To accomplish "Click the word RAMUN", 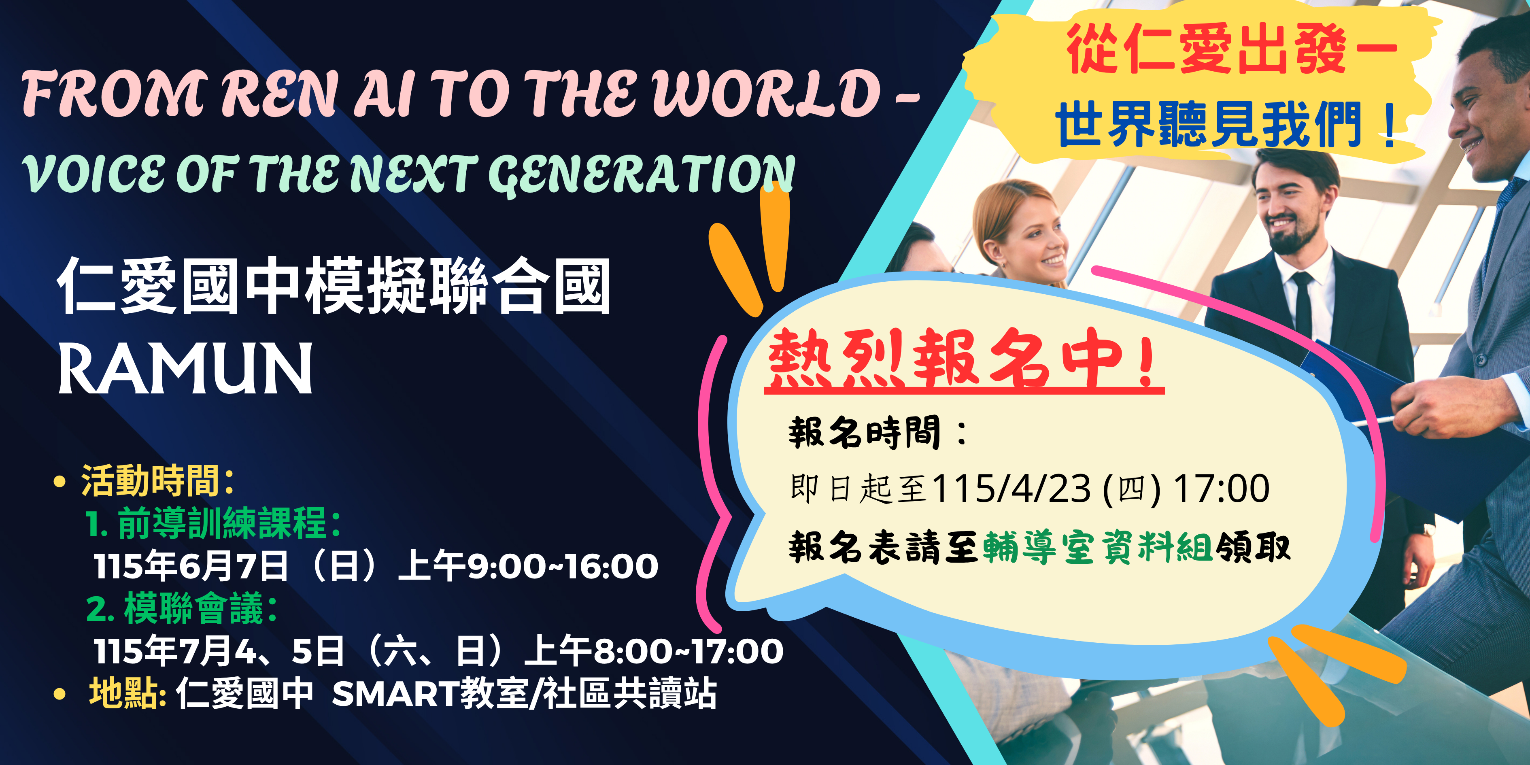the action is pos(185,368).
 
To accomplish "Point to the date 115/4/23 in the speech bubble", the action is pos(1011,488).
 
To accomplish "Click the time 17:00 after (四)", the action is pos(1222,488).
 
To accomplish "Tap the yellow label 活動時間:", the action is pos(157,480).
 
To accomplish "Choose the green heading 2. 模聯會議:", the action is pos(182,608).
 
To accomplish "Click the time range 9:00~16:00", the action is pos(563,566).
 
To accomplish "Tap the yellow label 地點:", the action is pos(127,693).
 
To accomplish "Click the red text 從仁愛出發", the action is pos(1206,50).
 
